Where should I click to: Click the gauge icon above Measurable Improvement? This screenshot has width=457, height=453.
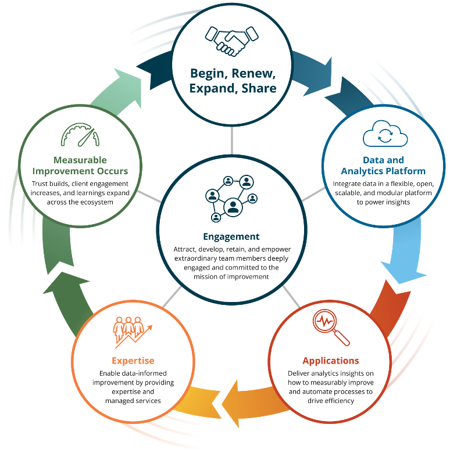(80, 135)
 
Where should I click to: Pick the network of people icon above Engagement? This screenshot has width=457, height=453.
(231, 197)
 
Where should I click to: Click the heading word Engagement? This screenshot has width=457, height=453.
(231, 236)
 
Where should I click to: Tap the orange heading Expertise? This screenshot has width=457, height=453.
(134, 361)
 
